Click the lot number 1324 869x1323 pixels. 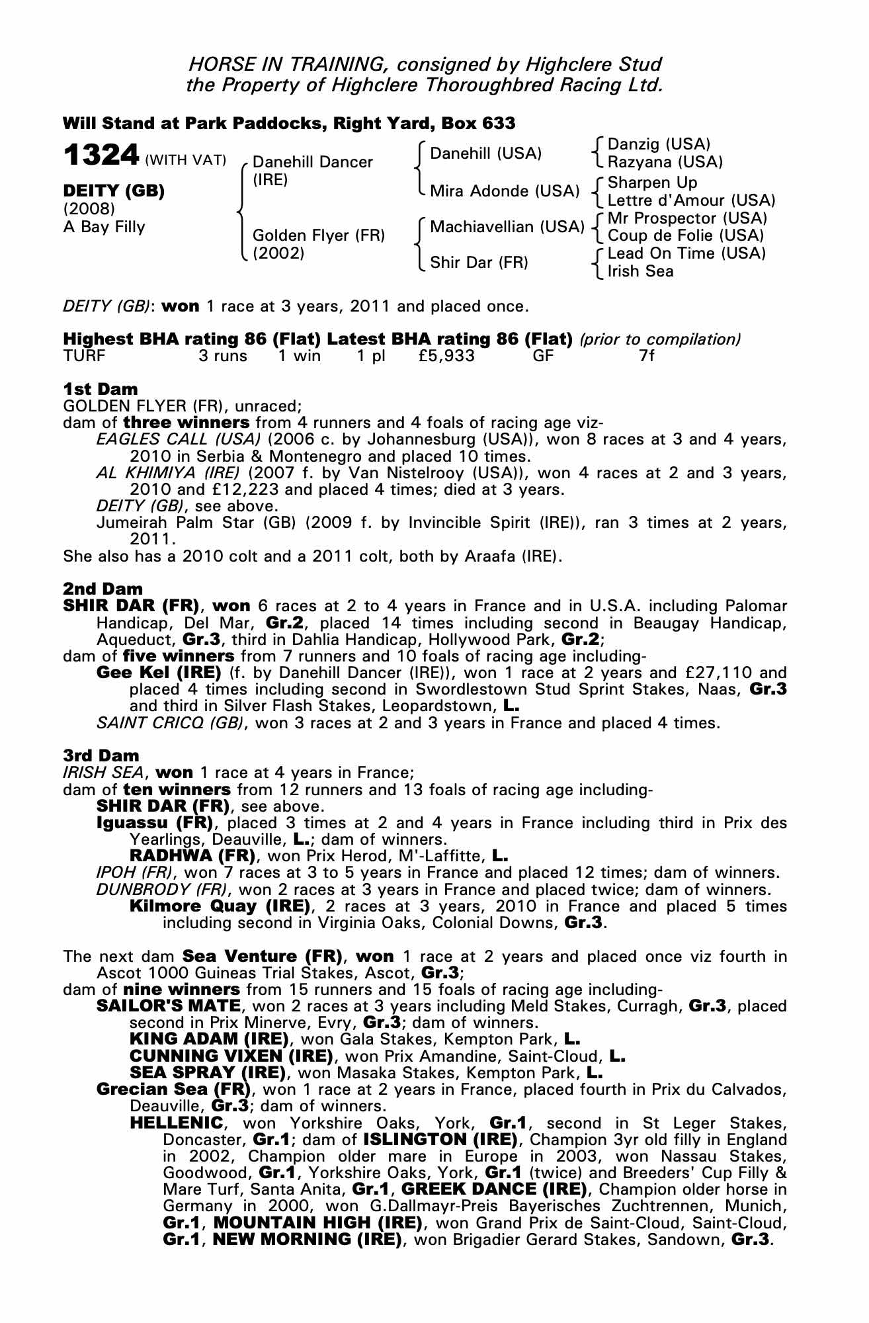tap(100, 156)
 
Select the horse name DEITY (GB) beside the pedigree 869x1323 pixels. tap(113, 191)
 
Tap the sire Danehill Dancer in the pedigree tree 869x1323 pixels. tap(313, 163)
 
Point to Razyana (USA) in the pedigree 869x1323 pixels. tap(665, 162)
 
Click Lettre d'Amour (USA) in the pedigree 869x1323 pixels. tap(691, 200)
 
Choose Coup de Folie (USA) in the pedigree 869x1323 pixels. tap(686, 235)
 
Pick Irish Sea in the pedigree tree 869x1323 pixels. tap(640, 271)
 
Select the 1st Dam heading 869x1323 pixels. tap(101, 389)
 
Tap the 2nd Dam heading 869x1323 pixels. tap(103, 589)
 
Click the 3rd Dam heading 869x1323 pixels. tap(101, 755)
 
